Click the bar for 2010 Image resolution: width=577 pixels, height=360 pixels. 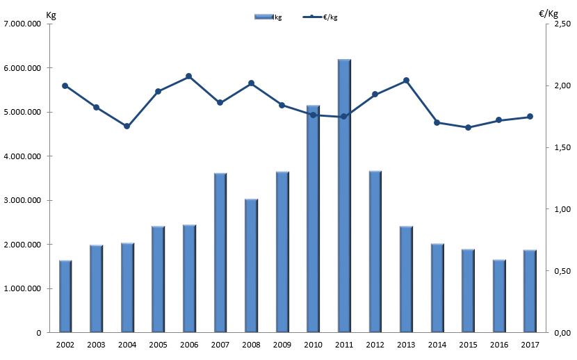pos(313,219)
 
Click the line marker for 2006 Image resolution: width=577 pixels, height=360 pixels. pos(189,76)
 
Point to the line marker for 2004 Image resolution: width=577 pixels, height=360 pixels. pos(127,126)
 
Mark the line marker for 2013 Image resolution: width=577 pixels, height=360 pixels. pos(406,81)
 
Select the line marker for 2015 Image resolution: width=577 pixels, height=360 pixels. pos(468,128)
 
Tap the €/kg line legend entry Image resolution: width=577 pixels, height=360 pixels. pos(320,17)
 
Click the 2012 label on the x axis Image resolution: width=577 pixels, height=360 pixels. pos(375,344)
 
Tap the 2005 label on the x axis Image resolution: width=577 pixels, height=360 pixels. pos(159,344)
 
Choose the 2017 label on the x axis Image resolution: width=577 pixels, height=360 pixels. pos(530,344)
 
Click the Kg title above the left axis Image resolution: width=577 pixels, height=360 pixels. pos(50,14)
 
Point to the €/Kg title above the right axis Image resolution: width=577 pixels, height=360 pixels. pos(548,13)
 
